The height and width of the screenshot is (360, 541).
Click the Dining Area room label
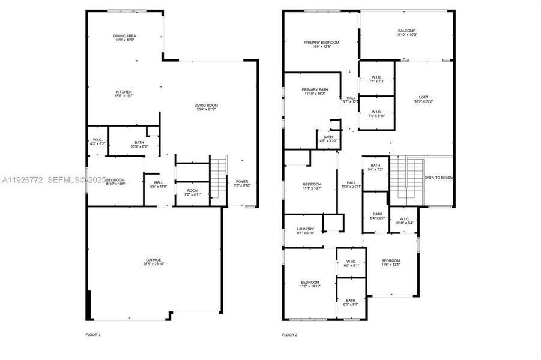coord(124,38)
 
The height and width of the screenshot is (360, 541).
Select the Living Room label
coord(205,107)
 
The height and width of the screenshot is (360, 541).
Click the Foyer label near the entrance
coord(241,183)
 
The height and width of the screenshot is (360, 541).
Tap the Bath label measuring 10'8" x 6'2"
coord(130,143)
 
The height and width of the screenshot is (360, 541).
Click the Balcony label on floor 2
coord(407,33)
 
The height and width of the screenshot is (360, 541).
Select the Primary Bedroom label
coord(321,44)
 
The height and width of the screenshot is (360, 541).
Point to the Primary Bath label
coord(315,91)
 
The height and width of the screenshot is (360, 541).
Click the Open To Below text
coord(439,178)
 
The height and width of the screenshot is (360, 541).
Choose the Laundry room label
coord(305,230)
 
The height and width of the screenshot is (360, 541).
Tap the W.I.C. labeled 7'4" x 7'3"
coord(376,79)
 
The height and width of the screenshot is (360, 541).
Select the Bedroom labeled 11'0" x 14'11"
coord(310,284)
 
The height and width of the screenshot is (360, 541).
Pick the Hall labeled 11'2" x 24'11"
coord(351,185)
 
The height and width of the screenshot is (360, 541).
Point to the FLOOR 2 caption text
coord(289,335)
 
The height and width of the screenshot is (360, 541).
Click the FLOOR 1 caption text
coord(94,335)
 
